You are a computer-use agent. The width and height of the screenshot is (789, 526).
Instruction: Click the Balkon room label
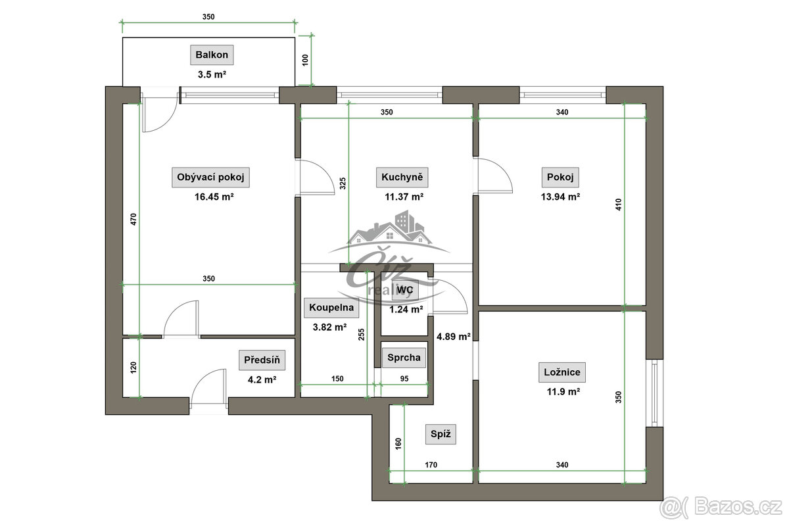212,55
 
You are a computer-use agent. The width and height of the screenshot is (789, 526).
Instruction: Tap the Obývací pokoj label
210,178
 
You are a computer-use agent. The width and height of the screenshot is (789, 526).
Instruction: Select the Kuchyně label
402,178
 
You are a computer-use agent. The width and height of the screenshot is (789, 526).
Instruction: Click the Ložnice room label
562,372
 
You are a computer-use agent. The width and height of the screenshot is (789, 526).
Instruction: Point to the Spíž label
441,434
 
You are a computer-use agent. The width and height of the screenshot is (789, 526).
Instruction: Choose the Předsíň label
262,360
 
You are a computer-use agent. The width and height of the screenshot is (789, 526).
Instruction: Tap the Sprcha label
404,358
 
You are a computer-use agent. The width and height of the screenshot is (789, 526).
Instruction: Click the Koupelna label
331,308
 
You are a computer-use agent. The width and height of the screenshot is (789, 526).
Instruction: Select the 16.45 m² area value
214,197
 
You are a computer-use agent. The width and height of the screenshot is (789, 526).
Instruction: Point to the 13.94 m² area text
560,197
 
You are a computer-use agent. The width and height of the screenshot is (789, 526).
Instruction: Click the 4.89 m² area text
454,337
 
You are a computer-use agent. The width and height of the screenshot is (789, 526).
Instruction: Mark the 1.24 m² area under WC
406,309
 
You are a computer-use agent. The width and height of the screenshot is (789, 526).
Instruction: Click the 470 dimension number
133,219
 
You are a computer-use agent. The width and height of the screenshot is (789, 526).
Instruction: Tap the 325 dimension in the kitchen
343,183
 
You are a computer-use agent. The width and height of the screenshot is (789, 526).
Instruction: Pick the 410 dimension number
619,204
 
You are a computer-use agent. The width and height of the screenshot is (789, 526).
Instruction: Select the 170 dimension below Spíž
431,465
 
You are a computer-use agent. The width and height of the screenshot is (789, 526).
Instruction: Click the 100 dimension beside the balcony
305,60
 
